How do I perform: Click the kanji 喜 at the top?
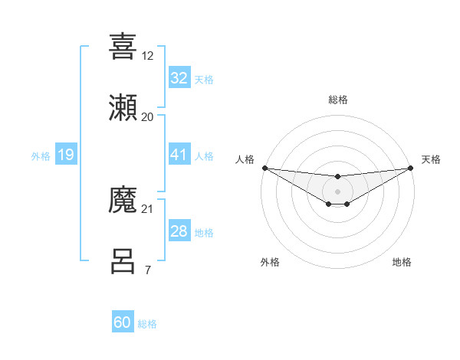(123, 46)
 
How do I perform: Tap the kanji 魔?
(123, 201)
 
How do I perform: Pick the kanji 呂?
(123, 260)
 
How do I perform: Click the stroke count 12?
(148, 56)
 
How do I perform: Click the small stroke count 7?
(147, 270)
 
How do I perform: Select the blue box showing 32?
(179, 78)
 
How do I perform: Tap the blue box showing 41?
(179, 155)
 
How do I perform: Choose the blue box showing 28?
(179, 231)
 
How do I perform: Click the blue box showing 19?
(66, 155)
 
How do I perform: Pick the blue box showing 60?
(123, 322)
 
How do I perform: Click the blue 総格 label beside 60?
(147, 324)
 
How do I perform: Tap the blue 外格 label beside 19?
(41, 156)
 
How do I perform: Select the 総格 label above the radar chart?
(338, 100)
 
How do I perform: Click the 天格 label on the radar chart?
(431, 159)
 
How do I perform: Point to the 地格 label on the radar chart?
(402, 262)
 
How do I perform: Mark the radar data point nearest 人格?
(264, 168)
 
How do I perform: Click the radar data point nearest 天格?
(410, 168)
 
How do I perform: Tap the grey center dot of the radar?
(337, 191)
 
